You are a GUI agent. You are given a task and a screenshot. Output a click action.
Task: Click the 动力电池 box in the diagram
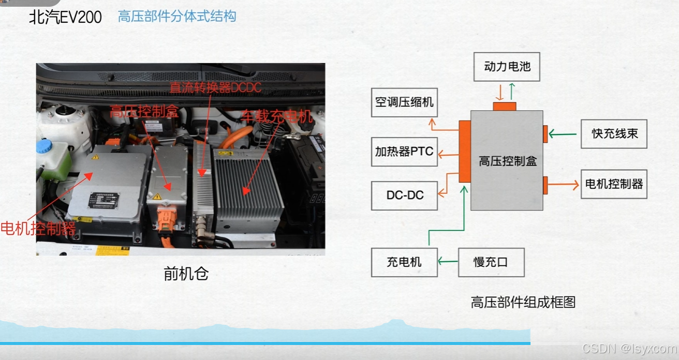507,66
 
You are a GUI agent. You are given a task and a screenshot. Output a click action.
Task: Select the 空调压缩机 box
404,102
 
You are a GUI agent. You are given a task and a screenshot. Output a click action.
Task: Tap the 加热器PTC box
404,152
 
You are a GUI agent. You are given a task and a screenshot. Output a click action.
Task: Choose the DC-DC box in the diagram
404,195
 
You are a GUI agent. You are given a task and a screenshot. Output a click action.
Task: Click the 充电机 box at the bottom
404,262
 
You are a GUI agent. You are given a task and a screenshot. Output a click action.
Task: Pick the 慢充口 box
491,262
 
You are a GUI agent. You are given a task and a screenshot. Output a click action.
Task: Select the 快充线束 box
614,134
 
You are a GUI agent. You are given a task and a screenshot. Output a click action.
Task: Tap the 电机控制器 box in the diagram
614,184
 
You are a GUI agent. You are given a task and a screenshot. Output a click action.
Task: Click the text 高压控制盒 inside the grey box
507,161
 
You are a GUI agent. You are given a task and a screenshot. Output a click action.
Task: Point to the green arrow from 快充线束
563,134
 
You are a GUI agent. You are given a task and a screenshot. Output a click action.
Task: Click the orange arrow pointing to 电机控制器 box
564,184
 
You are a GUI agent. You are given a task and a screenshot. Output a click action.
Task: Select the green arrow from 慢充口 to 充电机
448,262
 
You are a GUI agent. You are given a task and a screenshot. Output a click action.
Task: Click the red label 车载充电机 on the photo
277,117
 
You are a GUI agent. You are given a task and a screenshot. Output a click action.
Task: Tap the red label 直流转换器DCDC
215,88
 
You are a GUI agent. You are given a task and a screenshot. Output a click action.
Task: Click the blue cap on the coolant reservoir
44,146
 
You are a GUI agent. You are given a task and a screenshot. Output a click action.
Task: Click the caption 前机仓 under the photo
186,274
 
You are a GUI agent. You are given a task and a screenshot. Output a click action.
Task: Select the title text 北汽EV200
65,18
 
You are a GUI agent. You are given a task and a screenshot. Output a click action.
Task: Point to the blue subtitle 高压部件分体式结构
177,17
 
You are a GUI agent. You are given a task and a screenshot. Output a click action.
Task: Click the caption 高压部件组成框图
523,302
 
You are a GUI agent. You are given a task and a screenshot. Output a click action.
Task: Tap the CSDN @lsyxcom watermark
629,349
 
